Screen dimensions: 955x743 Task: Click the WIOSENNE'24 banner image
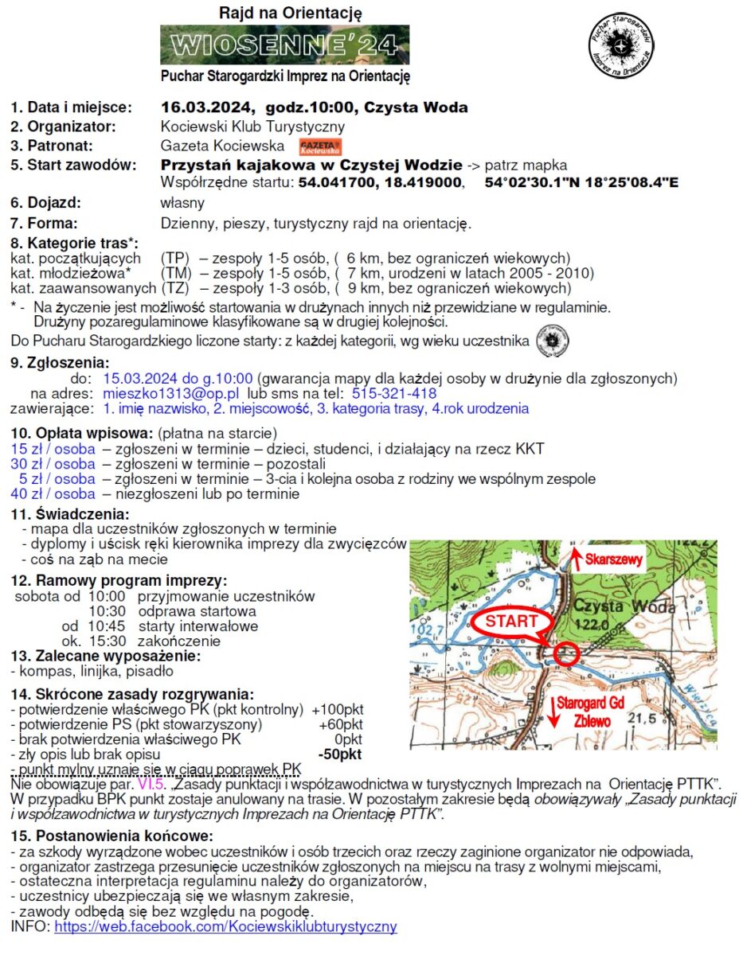coord(284,45)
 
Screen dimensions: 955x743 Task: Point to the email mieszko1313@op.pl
coord(171,393)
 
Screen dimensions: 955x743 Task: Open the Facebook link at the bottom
coord(225,926)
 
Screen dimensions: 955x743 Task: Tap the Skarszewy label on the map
coord(613,559)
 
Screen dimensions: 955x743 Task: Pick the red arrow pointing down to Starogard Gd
coord(549,706)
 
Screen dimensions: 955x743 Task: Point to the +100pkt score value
coord(338,709)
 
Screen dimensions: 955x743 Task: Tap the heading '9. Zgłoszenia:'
coord(60,362)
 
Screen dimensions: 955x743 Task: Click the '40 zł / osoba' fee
coord(53,493)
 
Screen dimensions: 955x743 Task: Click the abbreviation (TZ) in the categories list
coord(174,287)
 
